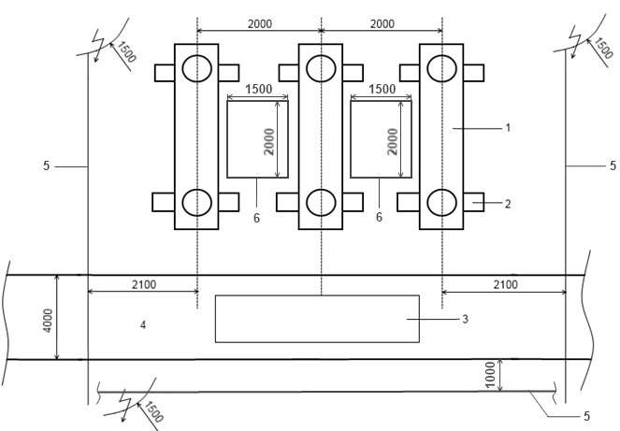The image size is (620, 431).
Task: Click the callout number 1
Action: [508, 128]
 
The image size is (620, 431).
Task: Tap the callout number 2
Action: [508, 204]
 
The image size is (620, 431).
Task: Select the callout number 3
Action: [465, 319]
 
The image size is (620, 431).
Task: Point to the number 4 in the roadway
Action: [143, 325]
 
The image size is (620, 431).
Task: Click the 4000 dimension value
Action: [47, 321]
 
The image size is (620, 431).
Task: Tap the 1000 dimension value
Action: [489, 375]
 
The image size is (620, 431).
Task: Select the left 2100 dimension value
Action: [144, 285]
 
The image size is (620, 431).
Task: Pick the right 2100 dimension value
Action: [506, 285]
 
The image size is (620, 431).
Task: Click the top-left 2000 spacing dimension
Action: [260, 24]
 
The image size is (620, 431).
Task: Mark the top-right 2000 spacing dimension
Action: [382, 24]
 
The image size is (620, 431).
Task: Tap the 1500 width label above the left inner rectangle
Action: [259, 89]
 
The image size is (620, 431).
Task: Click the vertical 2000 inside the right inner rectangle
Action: [392, 141]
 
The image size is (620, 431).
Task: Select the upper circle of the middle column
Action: [321, 68]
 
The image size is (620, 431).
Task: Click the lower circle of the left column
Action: [197, 203]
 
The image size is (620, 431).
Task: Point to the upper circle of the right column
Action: [442, 68]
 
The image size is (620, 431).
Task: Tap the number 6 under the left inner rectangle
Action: [256, 218]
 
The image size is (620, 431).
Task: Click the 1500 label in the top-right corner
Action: [604, 48]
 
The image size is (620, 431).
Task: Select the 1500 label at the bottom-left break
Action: [152, 411]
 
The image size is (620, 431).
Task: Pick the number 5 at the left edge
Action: [46, 166]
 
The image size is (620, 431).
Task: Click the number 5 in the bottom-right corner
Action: [586, 416]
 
